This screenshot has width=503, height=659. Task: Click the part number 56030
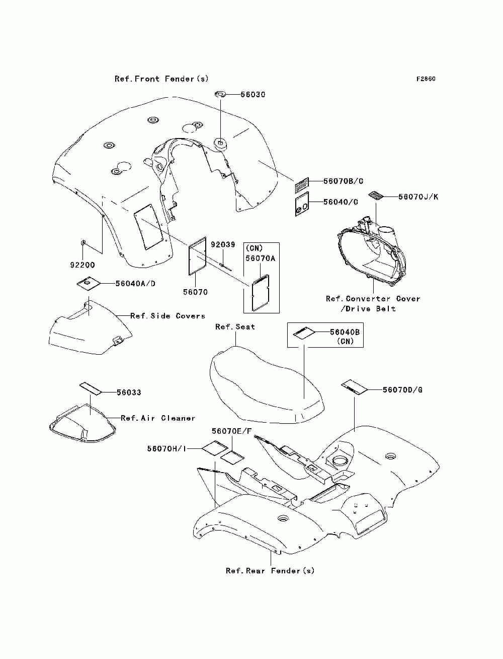coord(253,95)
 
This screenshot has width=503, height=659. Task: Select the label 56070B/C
coord(343,181)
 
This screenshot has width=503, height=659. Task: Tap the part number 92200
coord(82,265)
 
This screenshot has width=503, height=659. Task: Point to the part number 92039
coord(223,245)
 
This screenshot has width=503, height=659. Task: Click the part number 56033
coord(129,392)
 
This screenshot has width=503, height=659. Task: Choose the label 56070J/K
coord(418,197)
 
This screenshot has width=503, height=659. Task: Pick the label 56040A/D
coord(135,284)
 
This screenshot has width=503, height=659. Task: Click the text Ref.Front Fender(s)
coord(161,79)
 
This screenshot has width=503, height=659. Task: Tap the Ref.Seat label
coord(235,327)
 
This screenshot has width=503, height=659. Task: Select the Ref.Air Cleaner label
coord(158,418)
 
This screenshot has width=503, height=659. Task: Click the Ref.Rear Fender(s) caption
coord(270,571)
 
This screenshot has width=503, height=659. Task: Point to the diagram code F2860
coord(426,79)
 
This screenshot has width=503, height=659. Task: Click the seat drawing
coord(267,383)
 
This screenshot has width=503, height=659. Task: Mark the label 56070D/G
coord(402,390)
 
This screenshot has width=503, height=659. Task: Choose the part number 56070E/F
coord(231,431)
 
